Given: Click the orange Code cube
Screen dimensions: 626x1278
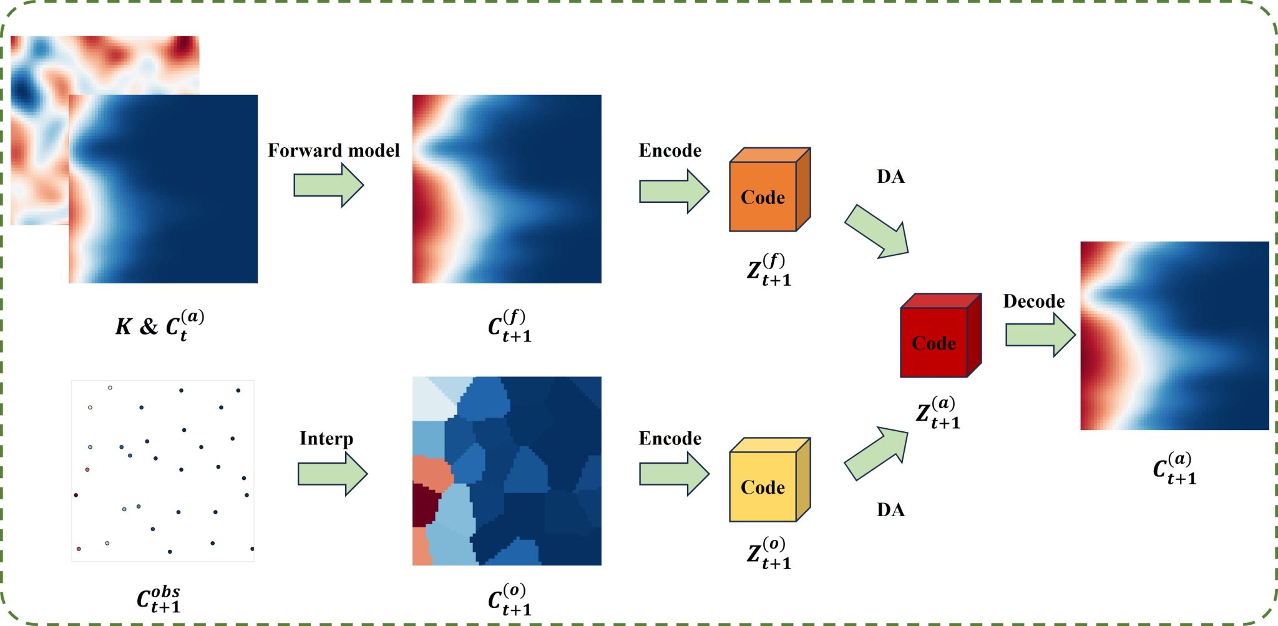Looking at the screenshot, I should [x=769, y=190].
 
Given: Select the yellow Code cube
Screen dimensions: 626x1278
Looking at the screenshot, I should [x=769, y=481].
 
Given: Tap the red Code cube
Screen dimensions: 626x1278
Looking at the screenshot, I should [x=940, y=336].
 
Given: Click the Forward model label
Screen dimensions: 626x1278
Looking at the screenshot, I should [x=334, y=150].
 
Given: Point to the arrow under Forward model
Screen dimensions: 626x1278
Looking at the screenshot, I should [x=328, y=185].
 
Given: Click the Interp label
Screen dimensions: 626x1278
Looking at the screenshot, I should [x=326, y=439].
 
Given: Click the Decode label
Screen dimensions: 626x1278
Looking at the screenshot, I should [x=1033, y=301].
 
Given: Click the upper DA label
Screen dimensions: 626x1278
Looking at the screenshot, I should [x=890, y=177].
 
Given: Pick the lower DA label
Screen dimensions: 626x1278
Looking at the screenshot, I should [x=890, y=510].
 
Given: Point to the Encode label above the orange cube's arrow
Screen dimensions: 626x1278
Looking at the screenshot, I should [x=670, y=150].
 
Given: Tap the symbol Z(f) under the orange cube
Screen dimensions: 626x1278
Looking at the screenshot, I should [x=769, y=270].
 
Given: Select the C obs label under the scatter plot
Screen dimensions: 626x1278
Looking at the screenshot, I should [x=159, y=600].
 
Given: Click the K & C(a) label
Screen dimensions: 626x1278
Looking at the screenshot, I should [x=160, y=325].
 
